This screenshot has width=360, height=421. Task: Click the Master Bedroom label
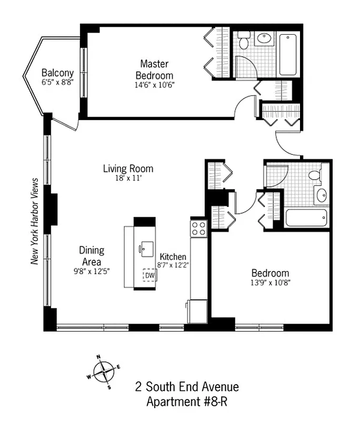click(154, 69)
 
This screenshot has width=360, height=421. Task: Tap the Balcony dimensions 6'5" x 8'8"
click(57, 82)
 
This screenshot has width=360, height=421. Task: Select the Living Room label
click(128, 169)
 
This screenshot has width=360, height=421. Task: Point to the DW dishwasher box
click(149, 275)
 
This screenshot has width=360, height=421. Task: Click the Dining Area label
click(92, 256)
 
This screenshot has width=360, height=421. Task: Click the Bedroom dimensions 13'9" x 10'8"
click(270, 283)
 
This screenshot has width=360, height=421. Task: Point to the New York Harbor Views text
click(36, 221)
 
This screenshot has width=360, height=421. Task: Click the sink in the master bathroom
click(263, 38)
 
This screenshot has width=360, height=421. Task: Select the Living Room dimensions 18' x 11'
click(128, 178)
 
